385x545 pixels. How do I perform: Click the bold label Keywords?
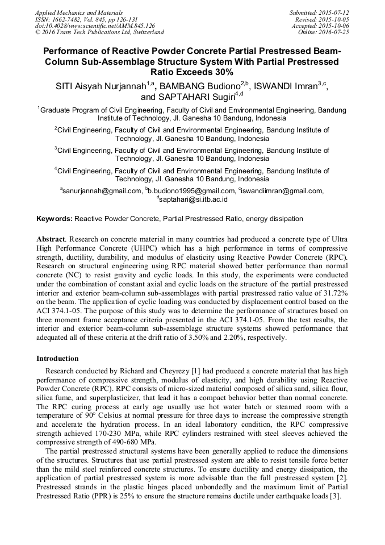click(x=55, y=218)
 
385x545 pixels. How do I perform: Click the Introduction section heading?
click(x=57, y=359)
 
